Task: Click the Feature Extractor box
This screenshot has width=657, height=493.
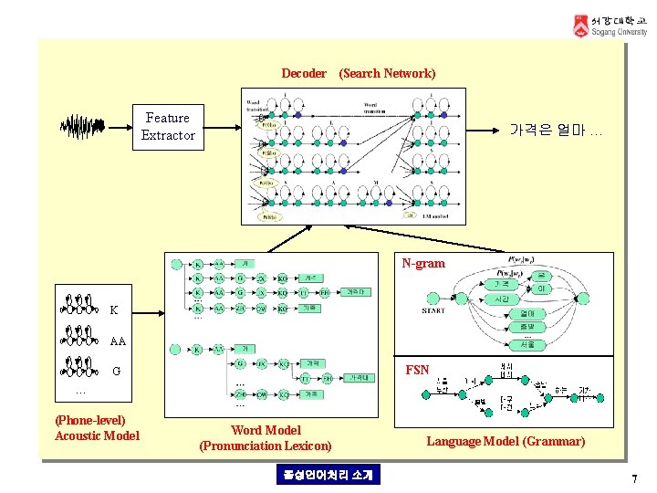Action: [x=168, y=126]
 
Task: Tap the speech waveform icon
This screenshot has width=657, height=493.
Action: [x=82, y=126]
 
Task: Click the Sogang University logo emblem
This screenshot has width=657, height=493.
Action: [x=580, y=26]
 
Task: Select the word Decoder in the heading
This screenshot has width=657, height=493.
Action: [x=304, y=73]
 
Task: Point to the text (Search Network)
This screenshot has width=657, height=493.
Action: [x=387, y=73]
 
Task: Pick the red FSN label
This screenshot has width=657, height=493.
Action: [x=417, y=371]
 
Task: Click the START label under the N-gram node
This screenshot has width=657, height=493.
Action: [x=434, y=311]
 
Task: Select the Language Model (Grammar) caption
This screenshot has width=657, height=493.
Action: [x=506, y=442]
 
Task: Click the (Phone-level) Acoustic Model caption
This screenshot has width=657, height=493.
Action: [x=97, y=428]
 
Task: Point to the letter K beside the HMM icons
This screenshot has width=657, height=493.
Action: [x=113, y=310]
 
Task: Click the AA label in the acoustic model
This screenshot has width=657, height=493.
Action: [x=117, y=341]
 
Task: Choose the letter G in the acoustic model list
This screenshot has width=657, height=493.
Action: [x=116, y=372]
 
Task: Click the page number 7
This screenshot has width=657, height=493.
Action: [x=633, y=479]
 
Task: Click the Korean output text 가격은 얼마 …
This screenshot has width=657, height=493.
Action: [x=555, y=131]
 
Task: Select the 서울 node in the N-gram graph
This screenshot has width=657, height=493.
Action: [x=527, y=344]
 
